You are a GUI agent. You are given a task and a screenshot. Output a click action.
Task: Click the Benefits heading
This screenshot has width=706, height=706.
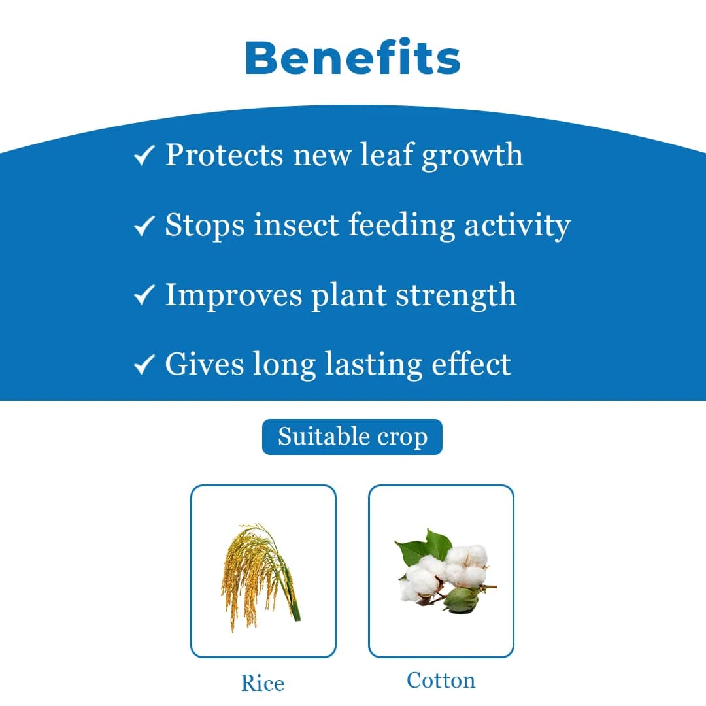[x=352, y=58]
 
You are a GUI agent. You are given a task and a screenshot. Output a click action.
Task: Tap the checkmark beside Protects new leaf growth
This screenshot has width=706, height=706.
[x=143, y=156]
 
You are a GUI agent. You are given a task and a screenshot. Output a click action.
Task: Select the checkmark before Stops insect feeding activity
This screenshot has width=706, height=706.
[x=143, y=226]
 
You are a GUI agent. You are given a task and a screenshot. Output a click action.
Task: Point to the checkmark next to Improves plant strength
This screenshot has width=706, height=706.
[x=143, y=295]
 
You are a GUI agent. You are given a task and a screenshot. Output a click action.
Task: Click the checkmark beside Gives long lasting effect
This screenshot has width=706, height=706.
[x=143, y=365]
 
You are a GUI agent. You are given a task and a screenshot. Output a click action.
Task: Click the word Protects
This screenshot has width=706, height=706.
[x=224, y=156]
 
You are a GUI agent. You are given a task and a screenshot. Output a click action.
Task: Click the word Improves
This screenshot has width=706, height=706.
[x=233, y=295]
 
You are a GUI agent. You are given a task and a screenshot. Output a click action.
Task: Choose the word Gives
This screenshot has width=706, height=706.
[x=199, y=363]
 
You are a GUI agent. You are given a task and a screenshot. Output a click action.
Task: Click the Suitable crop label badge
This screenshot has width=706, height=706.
[x=352, y=437]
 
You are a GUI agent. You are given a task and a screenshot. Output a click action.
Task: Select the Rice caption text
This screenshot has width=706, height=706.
[x=263, y=683]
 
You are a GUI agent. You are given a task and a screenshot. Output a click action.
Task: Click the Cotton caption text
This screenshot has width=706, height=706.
[x=441, y=680]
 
